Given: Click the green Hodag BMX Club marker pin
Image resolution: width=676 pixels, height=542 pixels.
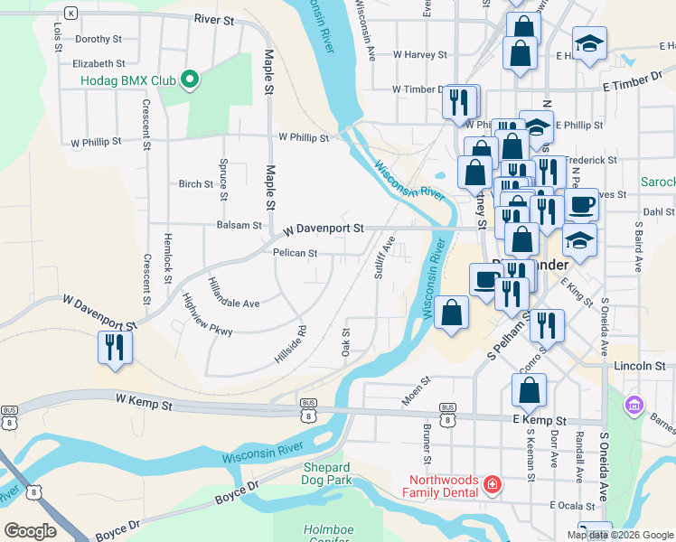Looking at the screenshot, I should click(x=190, y=80).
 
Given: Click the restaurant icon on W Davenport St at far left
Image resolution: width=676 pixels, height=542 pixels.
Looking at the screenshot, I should click(x=115, y=347).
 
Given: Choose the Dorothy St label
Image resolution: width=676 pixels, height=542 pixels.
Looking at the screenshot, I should click(x=98, y=39).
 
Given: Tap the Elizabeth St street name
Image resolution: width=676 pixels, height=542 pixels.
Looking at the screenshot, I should click(x=99, y=63).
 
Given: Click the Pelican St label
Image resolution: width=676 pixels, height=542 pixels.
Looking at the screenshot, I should click(x=295, y=254).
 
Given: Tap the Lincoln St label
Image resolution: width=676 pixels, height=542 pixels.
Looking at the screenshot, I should click(x=639, y=367).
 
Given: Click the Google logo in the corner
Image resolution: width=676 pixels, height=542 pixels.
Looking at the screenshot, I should click(x=30, y=530).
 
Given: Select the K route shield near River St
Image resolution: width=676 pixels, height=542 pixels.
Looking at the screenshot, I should click(x=71, y=14).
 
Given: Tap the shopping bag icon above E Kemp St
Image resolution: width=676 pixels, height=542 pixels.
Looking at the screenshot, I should click(x=529, y=390).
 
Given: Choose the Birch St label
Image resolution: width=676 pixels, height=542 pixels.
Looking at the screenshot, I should click(x=195, y=183).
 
